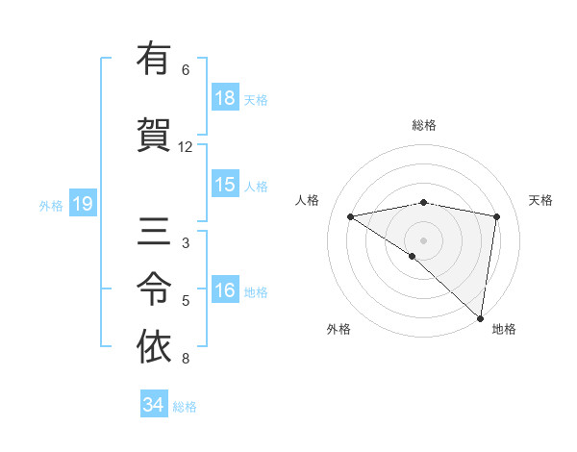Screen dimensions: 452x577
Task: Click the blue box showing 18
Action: (225, 98)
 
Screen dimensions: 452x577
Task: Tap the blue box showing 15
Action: (225, 185)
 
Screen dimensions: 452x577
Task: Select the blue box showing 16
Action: (225, 290)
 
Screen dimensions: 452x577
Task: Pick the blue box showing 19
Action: (82, 204)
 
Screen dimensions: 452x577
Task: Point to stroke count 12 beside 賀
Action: (186, 147)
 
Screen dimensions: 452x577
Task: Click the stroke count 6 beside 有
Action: (186, 70)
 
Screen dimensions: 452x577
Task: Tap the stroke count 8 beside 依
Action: (186, 360)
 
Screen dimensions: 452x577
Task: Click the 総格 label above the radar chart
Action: (424, 125)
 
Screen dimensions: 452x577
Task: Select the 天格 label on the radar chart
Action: (541, 200)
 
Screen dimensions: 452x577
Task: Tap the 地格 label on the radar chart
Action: (504, 329)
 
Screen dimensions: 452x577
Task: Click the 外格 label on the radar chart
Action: (339, 329)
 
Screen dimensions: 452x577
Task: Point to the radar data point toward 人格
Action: (351, 216)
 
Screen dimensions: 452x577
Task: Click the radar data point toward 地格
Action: (480, 318)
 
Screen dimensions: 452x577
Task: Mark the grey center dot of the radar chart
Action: (423, 239)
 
